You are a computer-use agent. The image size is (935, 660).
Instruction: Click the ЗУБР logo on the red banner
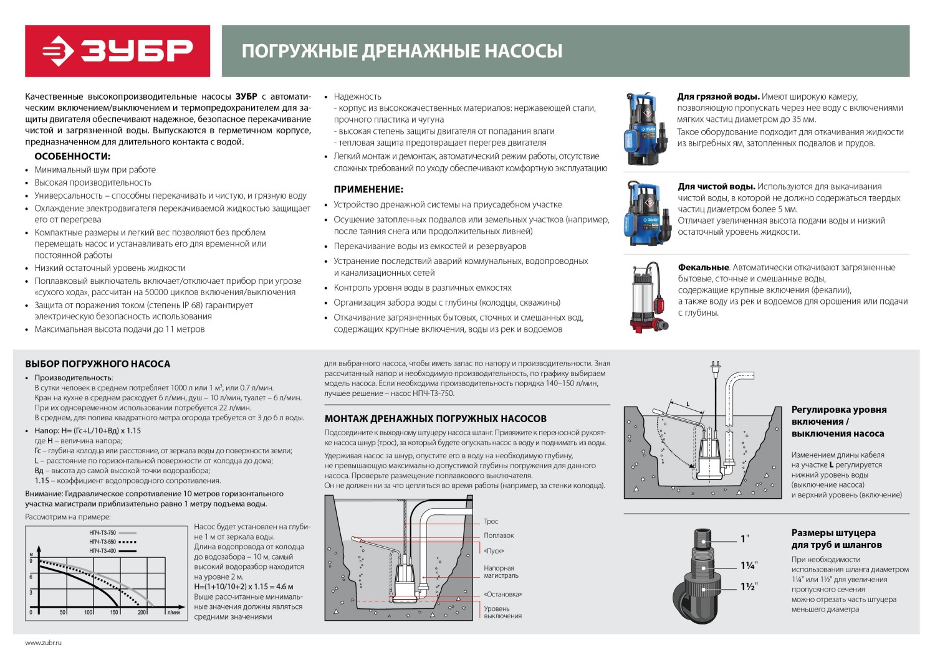pos(117,51)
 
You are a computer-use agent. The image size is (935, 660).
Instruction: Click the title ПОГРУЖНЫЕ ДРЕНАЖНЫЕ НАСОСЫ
pos(401,51)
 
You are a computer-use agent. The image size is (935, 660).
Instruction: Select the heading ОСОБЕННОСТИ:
pos(72,156)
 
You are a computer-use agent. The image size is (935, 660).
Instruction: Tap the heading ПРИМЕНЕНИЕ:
pos(368,189)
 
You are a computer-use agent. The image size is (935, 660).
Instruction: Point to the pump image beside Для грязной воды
pos(646,128)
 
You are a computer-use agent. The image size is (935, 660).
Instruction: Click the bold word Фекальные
pos(703,268)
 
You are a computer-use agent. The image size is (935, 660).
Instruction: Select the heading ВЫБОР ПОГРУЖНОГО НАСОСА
pos(97,364)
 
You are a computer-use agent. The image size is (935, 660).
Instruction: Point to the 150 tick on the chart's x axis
pos(114,613)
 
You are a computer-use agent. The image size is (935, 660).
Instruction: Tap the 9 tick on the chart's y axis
pos(31,561)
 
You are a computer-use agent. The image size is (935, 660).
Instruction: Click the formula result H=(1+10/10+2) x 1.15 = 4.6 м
pos(244,587)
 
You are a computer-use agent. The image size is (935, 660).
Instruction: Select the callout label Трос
pos(491,522)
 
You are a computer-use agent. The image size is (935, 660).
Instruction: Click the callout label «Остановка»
pos(502,595)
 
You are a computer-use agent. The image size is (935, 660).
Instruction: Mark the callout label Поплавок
pos(499,536)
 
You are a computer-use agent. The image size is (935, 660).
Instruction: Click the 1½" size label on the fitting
pos(748,587)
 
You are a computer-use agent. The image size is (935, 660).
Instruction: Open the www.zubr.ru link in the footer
pos(44,643)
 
